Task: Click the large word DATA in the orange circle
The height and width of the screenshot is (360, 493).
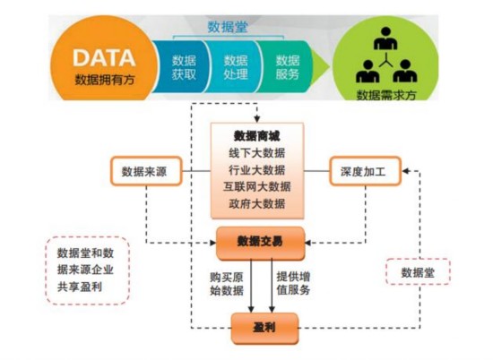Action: tap(104, 57)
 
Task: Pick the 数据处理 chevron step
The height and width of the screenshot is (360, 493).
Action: tap(236, 67)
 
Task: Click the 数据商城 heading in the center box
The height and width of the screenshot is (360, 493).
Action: tap(257, 136)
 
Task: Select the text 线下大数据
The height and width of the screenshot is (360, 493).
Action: tap(257, 153)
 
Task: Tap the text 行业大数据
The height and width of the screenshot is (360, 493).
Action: tap(257, 170)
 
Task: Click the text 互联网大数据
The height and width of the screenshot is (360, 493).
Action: tap(257, 187)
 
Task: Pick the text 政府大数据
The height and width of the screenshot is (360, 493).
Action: tap(257, 204)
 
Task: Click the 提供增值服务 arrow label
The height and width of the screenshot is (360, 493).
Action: tap(293, 282)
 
